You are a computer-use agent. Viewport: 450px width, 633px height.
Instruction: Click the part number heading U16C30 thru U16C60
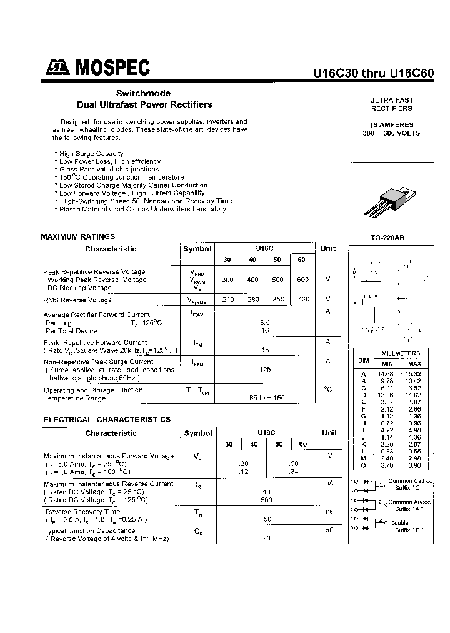click(x=373, y=72)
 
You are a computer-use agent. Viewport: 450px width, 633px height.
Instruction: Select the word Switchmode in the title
click(x=144, y=93)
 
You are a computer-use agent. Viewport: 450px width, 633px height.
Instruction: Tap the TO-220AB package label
click(x=387, y=238)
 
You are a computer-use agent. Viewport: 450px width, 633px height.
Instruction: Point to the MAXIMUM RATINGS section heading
click(x=78, y=236)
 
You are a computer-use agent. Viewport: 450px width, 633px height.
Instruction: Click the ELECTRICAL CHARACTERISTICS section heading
click(x=107, y=420)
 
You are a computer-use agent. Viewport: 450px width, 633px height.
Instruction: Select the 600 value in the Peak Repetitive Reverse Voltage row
click(x=303, y=280)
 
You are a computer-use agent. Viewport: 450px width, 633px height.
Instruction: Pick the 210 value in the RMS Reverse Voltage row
click(x=228, y=300)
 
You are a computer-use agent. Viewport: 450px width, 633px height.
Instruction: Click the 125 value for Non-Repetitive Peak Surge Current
click(x=266, y=370)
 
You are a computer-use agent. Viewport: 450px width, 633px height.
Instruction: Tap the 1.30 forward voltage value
click(x=241, y=463)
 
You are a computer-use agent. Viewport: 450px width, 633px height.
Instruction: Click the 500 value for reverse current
click(x=267, y=500)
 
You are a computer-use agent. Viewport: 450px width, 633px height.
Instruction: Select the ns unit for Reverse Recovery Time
click(x=329, y=511)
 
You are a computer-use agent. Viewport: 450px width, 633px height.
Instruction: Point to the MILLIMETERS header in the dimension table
click(x=401, y=353)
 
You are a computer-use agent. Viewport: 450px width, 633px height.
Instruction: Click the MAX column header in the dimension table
click(x=414, y=363)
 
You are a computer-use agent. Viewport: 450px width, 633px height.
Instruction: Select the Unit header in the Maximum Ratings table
click(x=328, y=248)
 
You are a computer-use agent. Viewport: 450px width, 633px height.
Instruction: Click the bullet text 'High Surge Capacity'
click(x=91, y=153)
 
